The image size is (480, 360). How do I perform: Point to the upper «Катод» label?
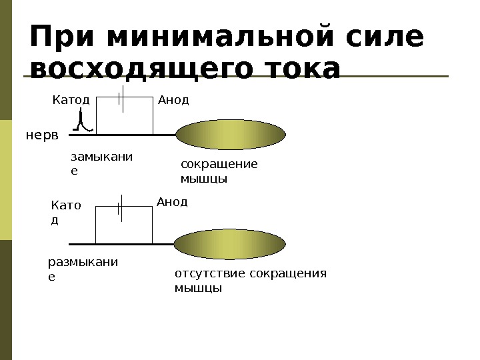pos(71,100)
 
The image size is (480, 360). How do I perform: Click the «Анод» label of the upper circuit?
pos(173,100)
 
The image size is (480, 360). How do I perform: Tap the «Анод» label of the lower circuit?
pos(172,201)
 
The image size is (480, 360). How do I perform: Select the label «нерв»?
pos(42,135)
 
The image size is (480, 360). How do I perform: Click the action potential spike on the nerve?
pos(81,122)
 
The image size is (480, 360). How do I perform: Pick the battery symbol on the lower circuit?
pos(121,207)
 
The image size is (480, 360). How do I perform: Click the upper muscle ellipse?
pos(231,135)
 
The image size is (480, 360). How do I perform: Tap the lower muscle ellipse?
pos(231,243)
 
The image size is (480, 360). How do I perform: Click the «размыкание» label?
pos(83,268)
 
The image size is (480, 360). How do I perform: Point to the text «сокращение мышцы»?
pos(219,171)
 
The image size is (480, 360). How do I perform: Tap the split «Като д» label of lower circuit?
pos(65,212)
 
